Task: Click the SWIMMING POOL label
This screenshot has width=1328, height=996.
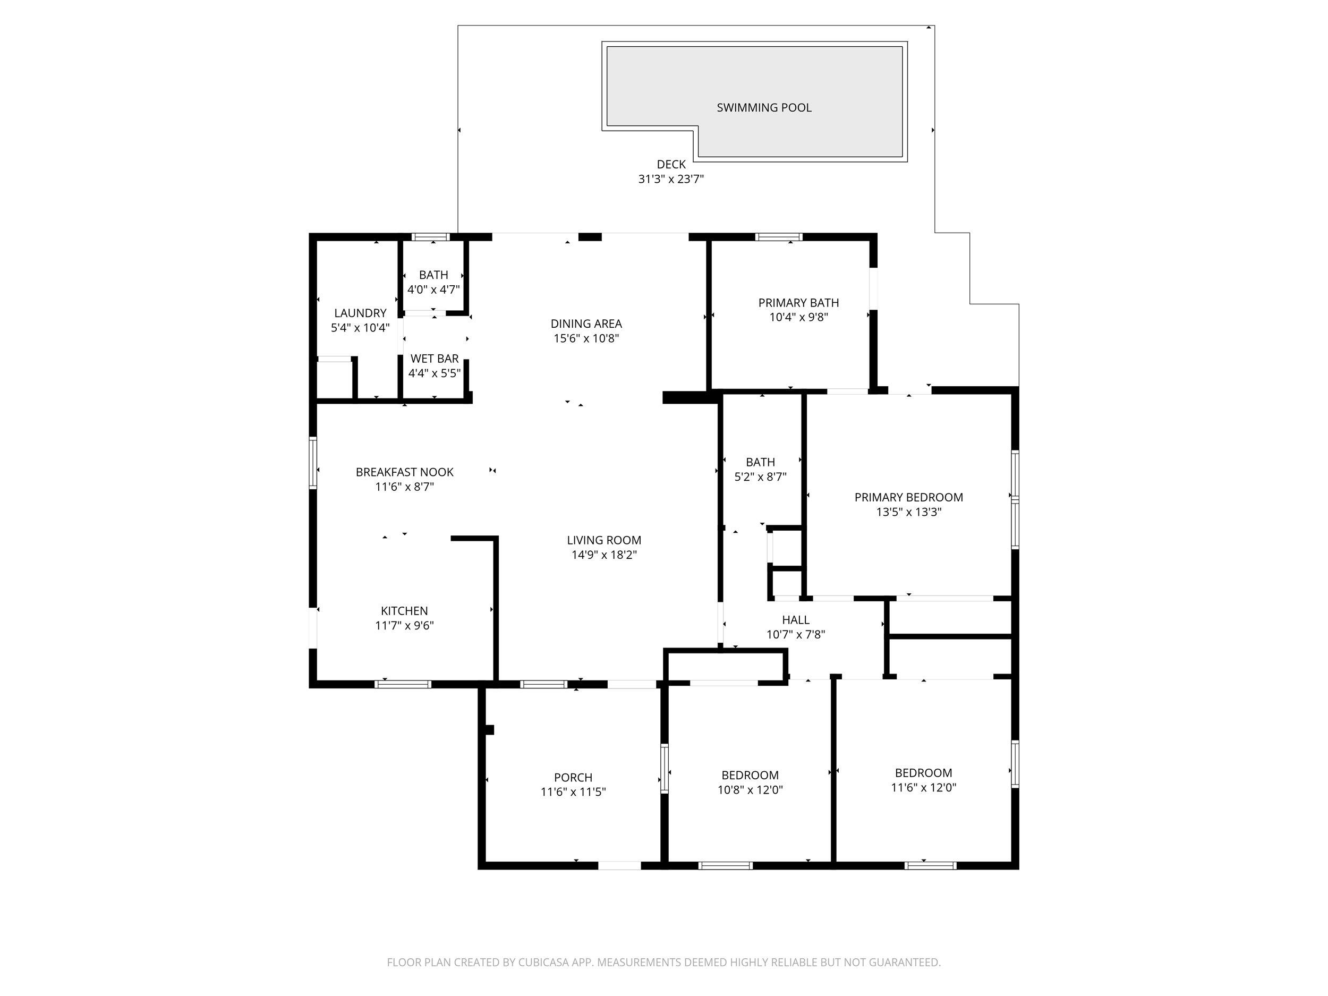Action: click(x=764, y=107)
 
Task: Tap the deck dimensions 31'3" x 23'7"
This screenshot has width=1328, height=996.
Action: click(x=670, y=179)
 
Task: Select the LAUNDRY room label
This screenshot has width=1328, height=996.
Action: click(x=360, y=313)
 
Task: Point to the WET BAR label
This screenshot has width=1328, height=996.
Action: click(x=434, y=359)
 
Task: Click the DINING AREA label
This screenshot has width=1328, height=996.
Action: click(x=586, y=324)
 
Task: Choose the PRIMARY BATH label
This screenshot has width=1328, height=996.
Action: click(x=798, y=303)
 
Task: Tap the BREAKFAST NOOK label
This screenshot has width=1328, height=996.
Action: click(x=404, y=472)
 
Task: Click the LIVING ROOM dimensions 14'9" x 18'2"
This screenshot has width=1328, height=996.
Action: click(x=603, y=555)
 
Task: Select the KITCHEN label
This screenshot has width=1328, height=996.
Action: click(x=404, y=610)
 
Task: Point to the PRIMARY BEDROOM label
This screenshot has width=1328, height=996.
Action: click(x=908, y=497)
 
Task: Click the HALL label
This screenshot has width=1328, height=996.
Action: click(x=796, y=619)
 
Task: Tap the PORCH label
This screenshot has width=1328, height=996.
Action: click(x=573, y=778)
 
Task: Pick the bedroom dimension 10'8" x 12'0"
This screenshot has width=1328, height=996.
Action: click(x=750, y=790)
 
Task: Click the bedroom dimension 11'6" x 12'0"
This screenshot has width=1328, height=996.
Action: click(x=923, y=788)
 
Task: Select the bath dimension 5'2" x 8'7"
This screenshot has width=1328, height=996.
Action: click(x=760, y=476)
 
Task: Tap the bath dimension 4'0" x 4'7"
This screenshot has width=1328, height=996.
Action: click(x=433, y=290)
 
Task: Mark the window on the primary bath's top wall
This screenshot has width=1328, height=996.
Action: click(x=779, y=236)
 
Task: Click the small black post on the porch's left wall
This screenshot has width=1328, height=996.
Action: click(x=489, y=729)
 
